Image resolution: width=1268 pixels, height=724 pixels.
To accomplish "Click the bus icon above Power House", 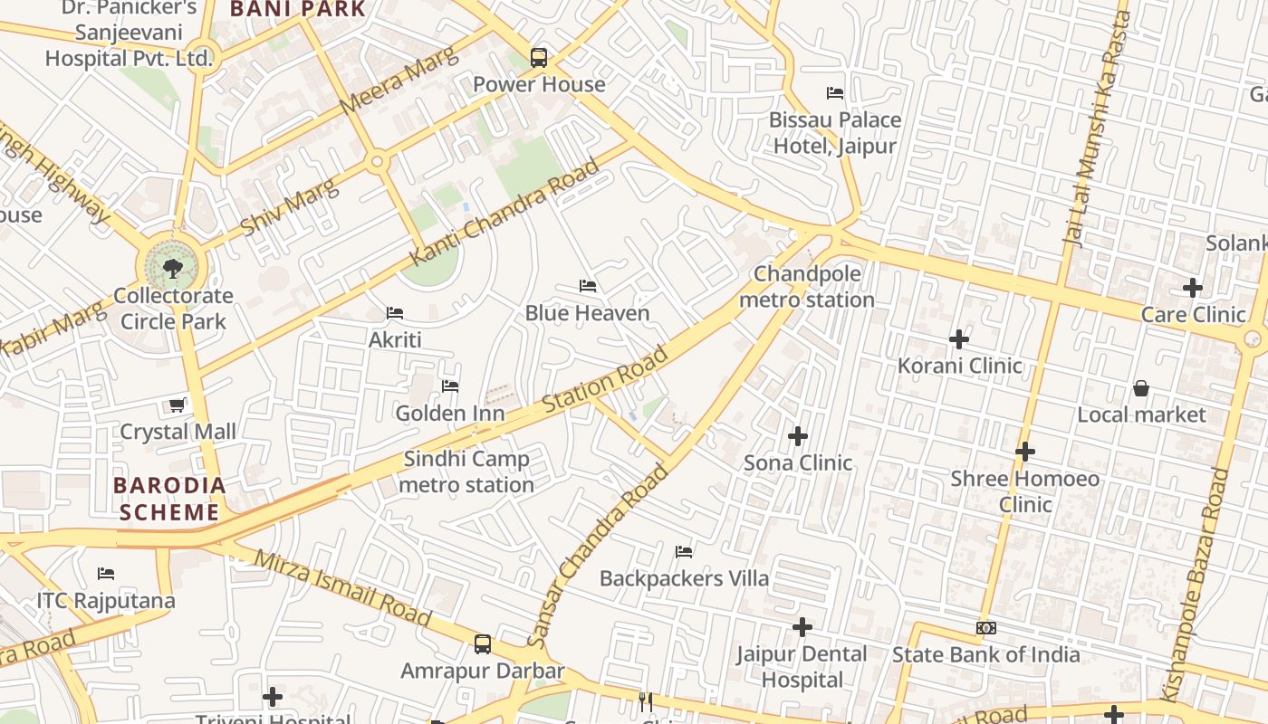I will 539,58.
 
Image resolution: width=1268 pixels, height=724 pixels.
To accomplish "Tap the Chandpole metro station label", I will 807,287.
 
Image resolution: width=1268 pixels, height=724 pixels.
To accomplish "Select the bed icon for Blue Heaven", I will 588,287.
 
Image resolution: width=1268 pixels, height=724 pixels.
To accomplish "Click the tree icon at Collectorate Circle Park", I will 172,268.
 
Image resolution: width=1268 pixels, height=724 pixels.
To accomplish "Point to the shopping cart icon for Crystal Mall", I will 178,405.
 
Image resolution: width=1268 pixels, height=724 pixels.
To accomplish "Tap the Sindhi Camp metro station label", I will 466,472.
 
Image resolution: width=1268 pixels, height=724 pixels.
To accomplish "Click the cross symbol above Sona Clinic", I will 798,436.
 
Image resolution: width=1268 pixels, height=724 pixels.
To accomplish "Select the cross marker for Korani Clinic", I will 959,339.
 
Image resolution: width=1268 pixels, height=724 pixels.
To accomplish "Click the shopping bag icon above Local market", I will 1141,388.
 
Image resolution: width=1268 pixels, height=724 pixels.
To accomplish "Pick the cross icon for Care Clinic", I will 1193,289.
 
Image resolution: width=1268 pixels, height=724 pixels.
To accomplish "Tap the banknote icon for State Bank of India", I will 986,628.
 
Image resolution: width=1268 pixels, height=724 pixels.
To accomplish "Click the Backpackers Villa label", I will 684,578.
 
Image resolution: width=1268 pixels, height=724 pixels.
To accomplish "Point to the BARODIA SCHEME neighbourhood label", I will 169,499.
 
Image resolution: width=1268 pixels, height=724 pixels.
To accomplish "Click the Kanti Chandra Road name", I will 504,213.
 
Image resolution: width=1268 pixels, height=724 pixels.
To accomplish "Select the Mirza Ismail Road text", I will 342,587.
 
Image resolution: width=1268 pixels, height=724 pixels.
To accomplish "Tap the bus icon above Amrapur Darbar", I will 483,644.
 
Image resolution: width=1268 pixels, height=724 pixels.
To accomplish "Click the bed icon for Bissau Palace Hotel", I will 835,93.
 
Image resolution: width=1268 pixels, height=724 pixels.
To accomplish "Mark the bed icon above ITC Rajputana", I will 106,574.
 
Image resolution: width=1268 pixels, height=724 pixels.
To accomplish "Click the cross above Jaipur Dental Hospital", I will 802,627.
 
